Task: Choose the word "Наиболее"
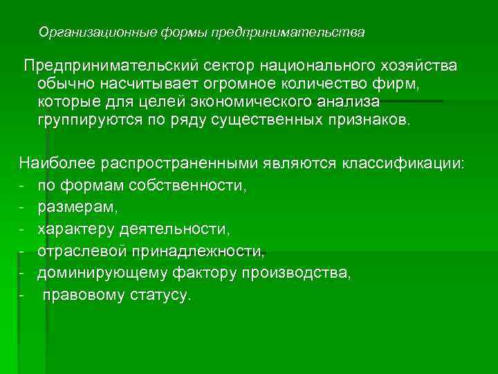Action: click(57, 163)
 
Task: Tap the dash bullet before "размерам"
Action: click(23, 207)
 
